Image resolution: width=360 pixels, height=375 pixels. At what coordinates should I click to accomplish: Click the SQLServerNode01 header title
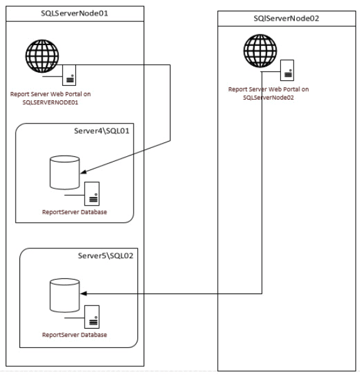[x=75, y=13]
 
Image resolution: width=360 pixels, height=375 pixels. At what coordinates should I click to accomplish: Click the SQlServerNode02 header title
[x=287, y=18]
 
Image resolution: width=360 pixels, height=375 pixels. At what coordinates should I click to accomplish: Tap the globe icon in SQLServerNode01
[x=42, y=56]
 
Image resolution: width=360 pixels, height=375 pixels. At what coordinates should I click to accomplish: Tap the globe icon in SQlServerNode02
[x=260, y=51]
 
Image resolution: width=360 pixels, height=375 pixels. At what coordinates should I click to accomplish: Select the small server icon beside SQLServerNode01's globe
[x=69, y=75]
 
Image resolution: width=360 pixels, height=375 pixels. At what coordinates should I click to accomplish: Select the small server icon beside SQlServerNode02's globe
[x=287, y=70]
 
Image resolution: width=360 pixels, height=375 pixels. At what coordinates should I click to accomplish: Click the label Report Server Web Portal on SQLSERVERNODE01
[x=50, y=98]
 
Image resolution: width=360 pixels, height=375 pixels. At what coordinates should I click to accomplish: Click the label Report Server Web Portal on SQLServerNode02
[x=268, y=93]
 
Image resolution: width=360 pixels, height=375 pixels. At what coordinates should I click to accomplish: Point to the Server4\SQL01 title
[x=102, y=131]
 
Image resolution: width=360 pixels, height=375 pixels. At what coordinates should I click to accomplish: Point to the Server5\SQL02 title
[x=105, y=256]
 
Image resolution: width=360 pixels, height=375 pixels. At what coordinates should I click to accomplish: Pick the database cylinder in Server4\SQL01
[x=65, y=172]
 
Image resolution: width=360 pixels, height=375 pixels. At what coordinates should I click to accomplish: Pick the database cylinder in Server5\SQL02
[x=65, y=295]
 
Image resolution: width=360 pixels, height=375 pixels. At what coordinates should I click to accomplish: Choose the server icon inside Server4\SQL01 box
[x=92, y=194]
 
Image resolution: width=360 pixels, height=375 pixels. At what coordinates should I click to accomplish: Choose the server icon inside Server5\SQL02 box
[x=92, y=317]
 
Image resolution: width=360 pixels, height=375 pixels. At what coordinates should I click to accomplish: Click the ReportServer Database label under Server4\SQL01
[x=75, y=212]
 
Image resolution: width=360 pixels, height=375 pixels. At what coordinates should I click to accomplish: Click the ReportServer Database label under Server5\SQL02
[x=75, y=335]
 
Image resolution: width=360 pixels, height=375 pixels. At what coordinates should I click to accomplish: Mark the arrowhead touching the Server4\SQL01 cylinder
[x=83, y=171]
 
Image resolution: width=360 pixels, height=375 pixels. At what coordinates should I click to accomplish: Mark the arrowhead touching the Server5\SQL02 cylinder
[x=83, y=293]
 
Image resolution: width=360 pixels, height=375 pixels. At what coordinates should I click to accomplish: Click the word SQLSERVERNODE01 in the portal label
[x=50, y=102]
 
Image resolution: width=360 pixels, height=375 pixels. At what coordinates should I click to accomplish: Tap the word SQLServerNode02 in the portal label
[x=268, y=98]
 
